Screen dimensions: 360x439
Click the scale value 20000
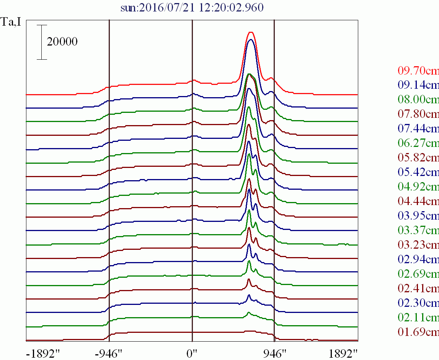point(62,42)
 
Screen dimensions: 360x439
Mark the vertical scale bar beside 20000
point(42,42)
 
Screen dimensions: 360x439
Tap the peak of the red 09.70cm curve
point(251,32)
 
